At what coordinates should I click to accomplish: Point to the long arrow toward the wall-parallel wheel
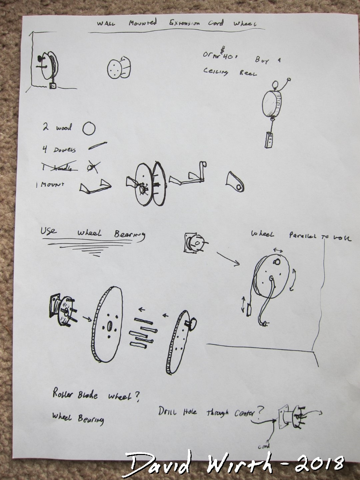tap(228, 259)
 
